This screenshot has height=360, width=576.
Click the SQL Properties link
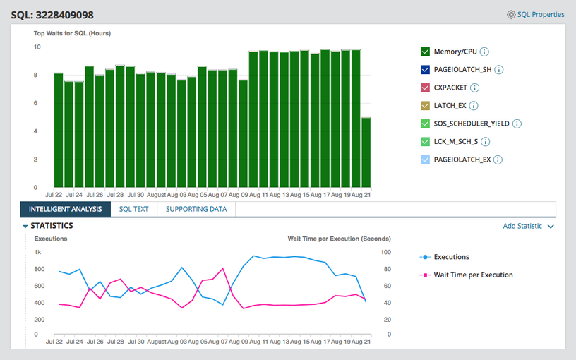[x=536, y=14]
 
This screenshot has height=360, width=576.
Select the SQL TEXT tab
[x=133, y=210]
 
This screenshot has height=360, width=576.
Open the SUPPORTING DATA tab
[x=196, y=210]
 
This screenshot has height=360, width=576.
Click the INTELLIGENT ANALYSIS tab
[x=65, y=210]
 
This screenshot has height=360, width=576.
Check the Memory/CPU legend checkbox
[x=425, y=52]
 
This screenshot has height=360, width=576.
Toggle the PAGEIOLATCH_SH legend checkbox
[x=425, y=70]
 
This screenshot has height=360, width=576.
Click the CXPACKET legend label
[x=450, y=88]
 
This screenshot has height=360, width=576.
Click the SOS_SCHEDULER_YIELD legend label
[x=471, y=124]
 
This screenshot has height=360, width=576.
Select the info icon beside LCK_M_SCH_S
[x=485, y=142]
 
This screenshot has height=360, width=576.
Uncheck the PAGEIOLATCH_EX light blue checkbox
[x=425, y=160]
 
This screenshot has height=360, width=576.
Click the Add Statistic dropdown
[x=528, y=227]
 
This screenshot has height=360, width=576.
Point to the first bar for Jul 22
[x=59, y=130]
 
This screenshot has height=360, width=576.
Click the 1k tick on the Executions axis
[x=38, y=252]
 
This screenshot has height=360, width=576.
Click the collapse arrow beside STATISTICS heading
[x=25, y=227]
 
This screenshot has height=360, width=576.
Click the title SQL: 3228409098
[x=52, y=15]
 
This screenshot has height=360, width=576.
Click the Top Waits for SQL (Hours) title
[x=72, y=33]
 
